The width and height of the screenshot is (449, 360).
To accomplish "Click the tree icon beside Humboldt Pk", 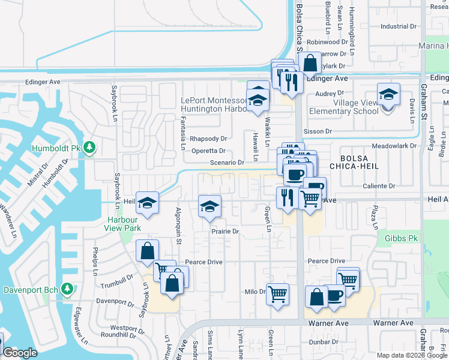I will [x=89, y=147].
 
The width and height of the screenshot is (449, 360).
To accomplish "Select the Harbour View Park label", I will [x=122, y=224].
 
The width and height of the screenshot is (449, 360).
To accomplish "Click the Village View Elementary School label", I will [x=344, y=107].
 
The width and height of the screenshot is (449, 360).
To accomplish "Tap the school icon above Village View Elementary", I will [x=388, y=94].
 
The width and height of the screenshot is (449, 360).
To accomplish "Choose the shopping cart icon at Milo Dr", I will [x=277, y=293].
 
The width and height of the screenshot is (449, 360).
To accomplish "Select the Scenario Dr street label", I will [x=226, y=162].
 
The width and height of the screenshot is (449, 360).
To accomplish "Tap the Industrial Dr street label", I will [x=398, y=26].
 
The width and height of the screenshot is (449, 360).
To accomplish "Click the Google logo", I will [x=20, y=353].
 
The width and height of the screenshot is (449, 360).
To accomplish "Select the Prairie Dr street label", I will [x=225, y=231].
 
